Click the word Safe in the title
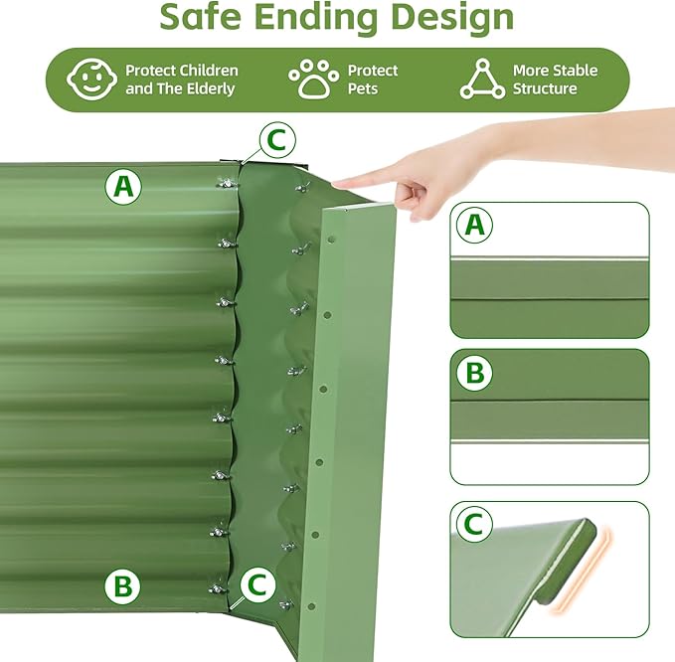coord(207,18)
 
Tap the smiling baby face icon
coord(88,80)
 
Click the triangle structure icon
coord(482,80)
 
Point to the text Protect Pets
coord(373,80)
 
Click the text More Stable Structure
coord(555,80)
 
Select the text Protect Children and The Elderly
coord(182,80)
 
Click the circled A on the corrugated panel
coord(123,186)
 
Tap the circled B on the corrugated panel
coord(122,585)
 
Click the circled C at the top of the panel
coord(276,141)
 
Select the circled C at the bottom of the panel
coord(257,585)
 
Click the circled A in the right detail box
coord(475,226)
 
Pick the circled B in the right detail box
coord(475,374)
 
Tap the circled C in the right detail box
coord(475,524)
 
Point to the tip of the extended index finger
coord(337,183)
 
